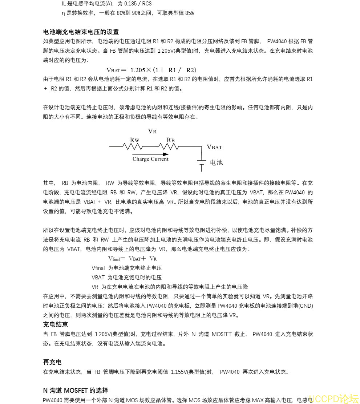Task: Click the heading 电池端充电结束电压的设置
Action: [x=81, y=32]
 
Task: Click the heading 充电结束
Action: [x=55, y=324]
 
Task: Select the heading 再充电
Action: [x=52, y=362]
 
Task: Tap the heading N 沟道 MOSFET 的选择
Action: [x=76, y=391]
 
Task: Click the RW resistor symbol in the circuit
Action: [x=133, y=146]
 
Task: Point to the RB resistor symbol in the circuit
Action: [x=169, y=146]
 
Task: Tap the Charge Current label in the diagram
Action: [x=150, y=159]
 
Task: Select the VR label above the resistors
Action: [x=152, y=132]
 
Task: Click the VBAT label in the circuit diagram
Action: [x=214, y=147]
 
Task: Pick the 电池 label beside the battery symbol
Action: [x=217, y=162]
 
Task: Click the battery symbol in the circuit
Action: [x=202, y=163]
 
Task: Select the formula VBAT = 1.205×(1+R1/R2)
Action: [x=151, y=70]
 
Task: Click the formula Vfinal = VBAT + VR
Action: [x=133, y=259]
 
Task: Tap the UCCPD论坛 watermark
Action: [x=333, y=398]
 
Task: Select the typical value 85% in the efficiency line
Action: [x=189, y=13]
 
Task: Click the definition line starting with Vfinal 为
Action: [x=127, y=268]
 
